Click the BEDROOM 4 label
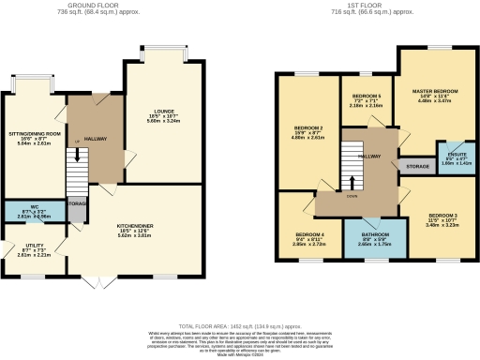[x=309, y=234]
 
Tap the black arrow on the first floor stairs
[x=352, y=181]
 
